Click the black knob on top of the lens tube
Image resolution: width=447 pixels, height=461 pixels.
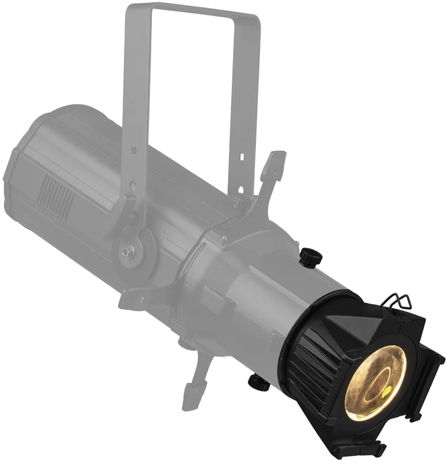click(x=311, y=257)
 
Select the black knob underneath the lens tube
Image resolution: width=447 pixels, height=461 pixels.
click(x=259, y=383)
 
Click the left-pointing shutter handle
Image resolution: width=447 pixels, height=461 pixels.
click(x=137, y=298)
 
